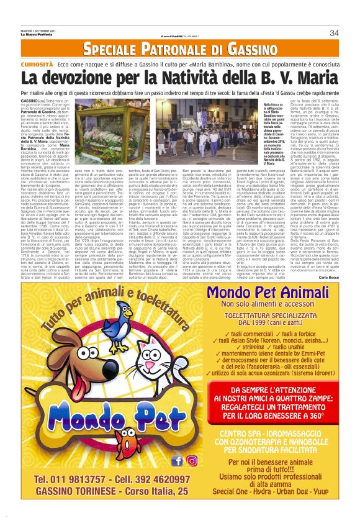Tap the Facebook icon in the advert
pyautogui.click(x=178, y=460)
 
